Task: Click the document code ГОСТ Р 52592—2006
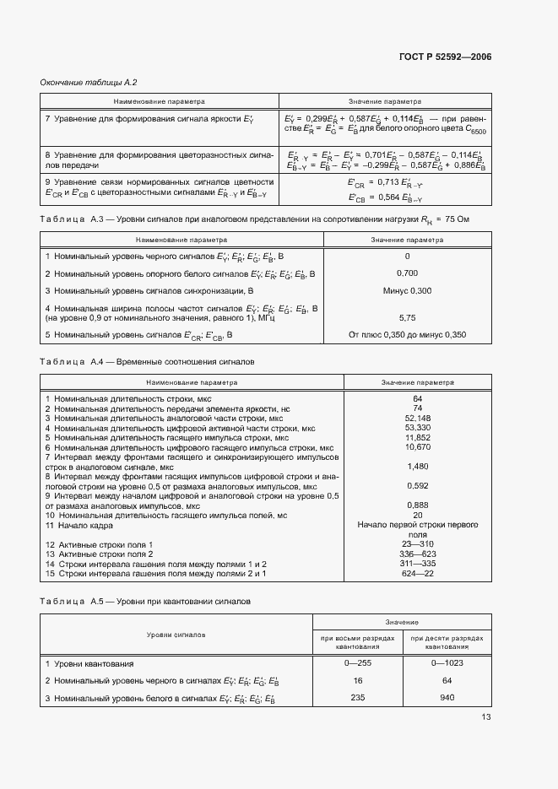(x=445, y=57)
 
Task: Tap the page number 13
(x=486, y=717)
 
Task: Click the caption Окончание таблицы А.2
(x=89, y=82)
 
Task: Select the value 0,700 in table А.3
(x=407, y=274)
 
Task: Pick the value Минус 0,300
(x=407, y=290)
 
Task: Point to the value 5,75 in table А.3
(x=407, y=317)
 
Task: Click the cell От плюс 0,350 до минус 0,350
(x=407, y=335)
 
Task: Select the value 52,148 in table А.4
(x=417, y=418)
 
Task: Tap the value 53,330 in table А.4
(x=417, y=428)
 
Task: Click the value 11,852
(x=417, y=438)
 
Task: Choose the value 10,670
(x=417, y=447)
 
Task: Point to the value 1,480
(x=417, y=467)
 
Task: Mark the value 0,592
(x=417, y=486)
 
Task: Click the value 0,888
(x=417, y=505)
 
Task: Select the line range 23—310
(x=417, y=544)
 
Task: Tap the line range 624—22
(x=417, y=574)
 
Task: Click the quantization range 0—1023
(x=447, y=663)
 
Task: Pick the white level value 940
(x=447, y=698)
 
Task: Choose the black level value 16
(x=358, y=679)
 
